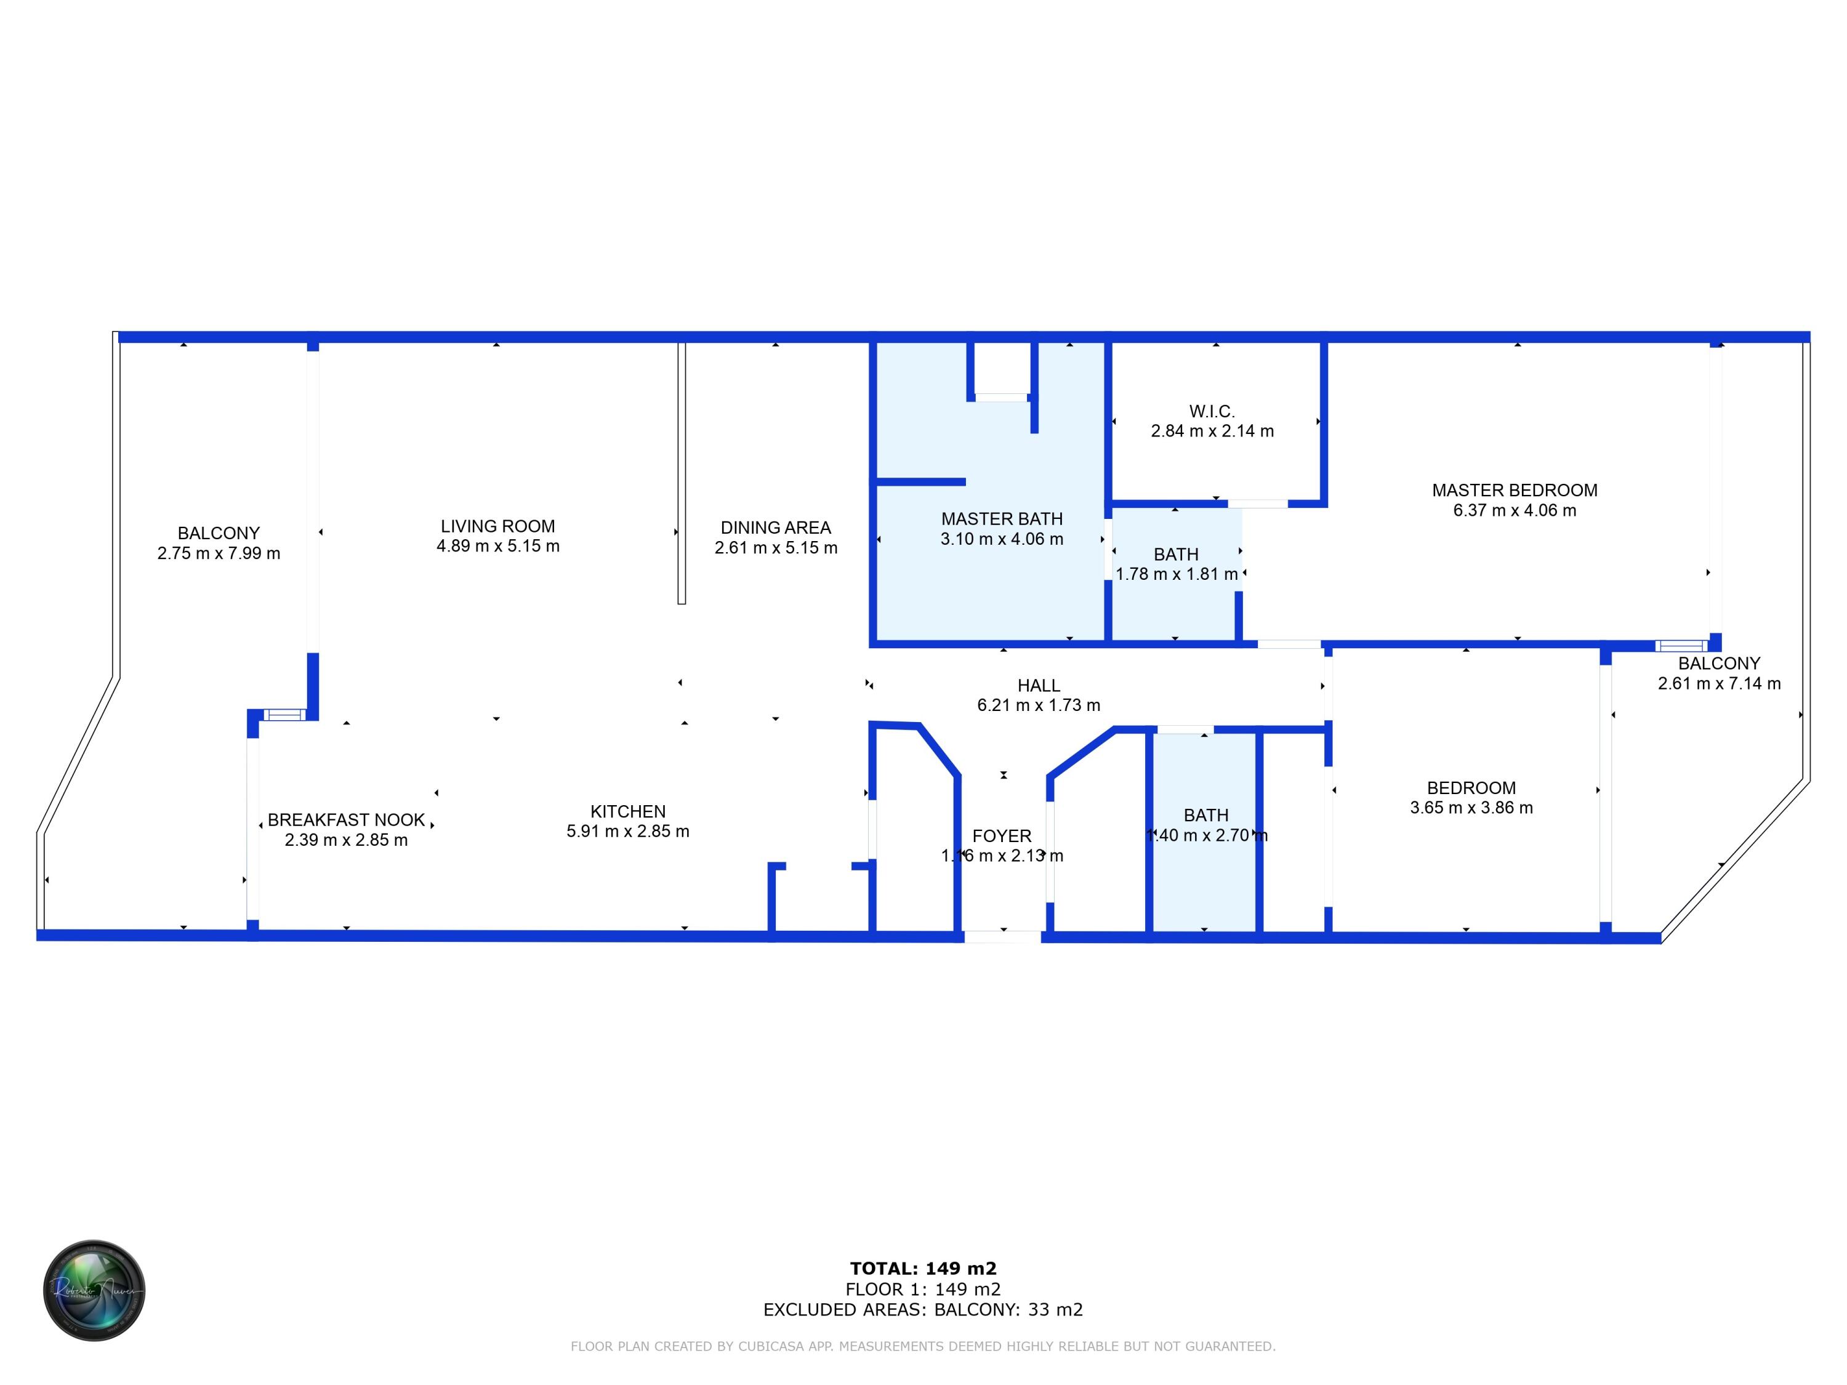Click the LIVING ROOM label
[497, 526]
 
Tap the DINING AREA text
[775, 528]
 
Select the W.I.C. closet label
[1212, 411]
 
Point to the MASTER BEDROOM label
[1514, 490]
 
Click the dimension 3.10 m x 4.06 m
[1001, 539]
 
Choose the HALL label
[1038, 685]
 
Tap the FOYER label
[1001, 836]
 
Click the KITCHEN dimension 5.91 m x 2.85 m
[627, 832]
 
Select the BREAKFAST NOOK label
[345, 820]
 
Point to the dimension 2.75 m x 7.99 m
[218, 553]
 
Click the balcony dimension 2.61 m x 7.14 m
[1718, 684]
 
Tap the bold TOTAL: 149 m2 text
[923, 1269]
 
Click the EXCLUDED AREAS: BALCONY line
[923, 1310]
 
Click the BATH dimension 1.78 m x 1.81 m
[1176, 574]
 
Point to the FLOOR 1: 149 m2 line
[923, 1290]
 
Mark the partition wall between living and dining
[682, 472]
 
